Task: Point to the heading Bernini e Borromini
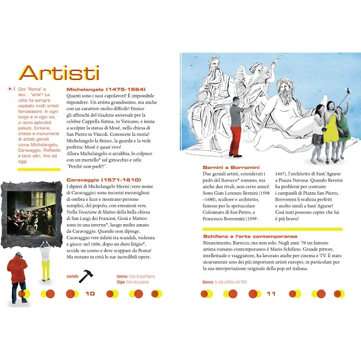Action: click(231, 166)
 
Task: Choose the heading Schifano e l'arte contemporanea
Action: click(250, 236)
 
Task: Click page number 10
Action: click(90, 293)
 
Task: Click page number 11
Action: click(271, 293)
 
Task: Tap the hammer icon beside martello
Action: click(86, 275)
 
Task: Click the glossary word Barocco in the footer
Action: click(208, 282)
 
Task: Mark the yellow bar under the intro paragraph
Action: click(39, 169)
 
